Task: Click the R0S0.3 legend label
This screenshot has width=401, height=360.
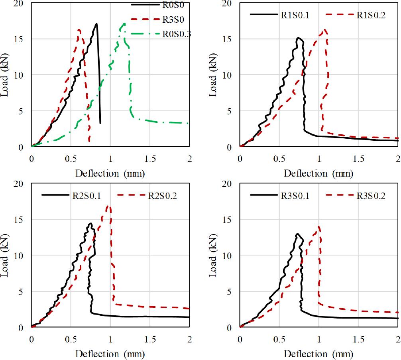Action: tap(177, 34)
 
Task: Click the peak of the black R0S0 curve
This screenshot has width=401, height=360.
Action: tap(96, 24)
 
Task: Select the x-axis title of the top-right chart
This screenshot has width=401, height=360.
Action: tap(318, 174)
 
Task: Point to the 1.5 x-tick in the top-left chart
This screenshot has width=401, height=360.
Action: tap(149, 157)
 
